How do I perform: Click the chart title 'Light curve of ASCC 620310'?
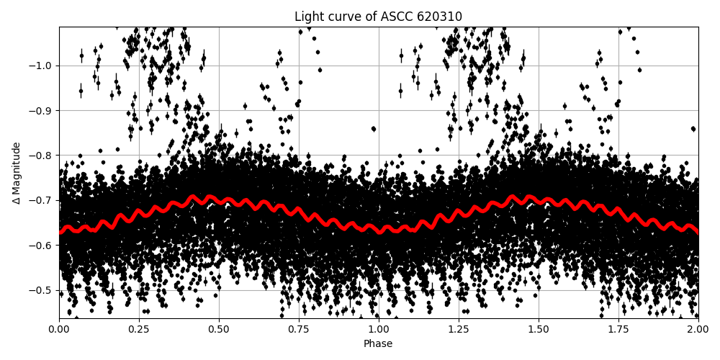(x=378, y=17)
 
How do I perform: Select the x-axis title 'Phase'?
(x=378, y=344)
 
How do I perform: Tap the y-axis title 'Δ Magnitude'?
(x=16, y=173)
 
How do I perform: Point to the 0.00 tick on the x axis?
(x=59, y=329)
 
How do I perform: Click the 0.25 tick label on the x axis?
(x=139, y=329)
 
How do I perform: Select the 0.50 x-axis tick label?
(x=219, y=329)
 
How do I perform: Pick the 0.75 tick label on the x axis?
(x=299, y=329)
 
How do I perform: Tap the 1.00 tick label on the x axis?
(x=379, y=329)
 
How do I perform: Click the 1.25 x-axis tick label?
(x=459, y=329)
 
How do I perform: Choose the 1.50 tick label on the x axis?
(x=539, y=329)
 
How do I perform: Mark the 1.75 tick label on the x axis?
(x=618, y=329)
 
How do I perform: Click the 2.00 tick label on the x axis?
(x=698, y=329)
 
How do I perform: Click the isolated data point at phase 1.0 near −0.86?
(x=373, y=129)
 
